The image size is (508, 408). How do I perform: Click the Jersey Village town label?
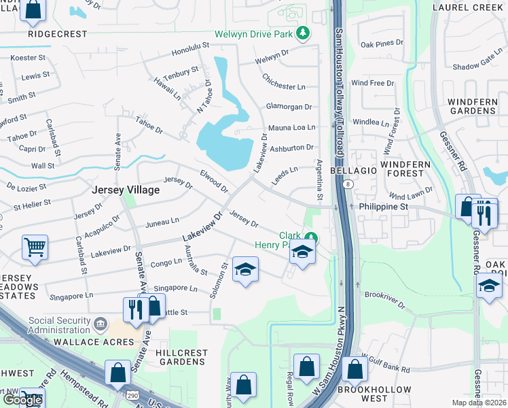click(126, 190)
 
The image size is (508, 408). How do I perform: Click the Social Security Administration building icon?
click(101, 322)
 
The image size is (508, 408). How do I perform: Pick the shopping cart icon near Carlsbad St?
click(35, 248)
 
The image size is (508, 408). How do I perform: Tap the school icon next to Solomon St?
click(245, 269)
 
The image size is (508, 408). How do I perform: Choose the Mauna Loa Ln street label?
click(291, 127)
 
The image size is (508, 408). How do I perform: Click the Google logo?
click(22, 400)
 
